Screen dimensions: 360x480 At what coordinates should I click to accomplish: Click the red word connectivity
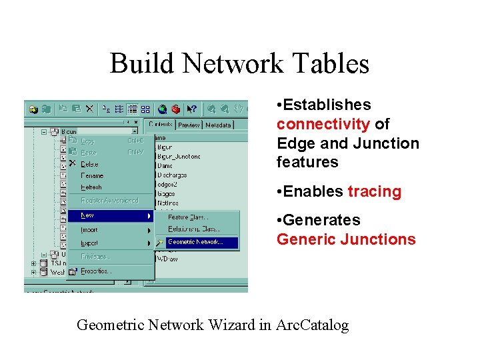coord(323,124)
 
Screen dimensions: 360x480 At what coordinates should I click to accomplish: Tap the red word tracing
coord(375,192)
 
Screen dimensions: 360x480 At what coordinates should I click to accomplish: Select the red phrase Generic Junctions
coord(346,239)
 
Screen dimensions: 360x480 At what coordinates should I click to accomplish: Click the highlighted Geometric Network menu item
coord(196,242)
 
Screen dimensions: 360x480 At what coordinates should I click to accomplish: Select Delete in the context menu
coord(89,164)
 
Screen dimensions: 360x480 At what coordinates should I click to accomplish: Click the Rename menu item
coord(92,176)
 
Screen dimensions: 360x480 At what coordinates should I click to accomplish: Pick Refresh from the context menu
coord(91,187)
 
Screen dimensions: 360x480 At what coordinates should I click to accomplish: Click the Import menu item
coord(89,229)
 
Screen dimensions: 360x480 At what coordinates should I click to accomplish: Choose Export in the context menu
coord(89,243)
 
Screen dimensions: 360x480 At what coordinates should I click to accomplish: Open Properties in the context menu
coord(95,271)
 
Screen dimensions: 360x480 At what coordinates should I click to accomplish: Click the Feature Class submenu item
coord(188,217)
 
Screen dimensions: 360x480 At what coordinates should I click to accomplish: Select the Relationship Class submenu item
coord(194,229)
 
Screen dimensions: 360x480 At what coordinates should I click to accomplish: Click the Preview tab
coord(189,125)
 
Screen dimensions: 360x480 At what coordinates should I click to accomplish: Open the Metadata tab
coord(218,125)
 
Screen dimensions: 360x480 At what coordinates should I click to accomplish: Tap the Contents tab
coord(161,125)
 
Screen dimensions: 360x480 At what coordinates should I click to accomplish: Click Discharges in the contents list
coord(172,175)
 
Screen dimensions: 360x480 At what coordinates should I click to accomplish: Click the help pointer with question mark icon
coord(192,109)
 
